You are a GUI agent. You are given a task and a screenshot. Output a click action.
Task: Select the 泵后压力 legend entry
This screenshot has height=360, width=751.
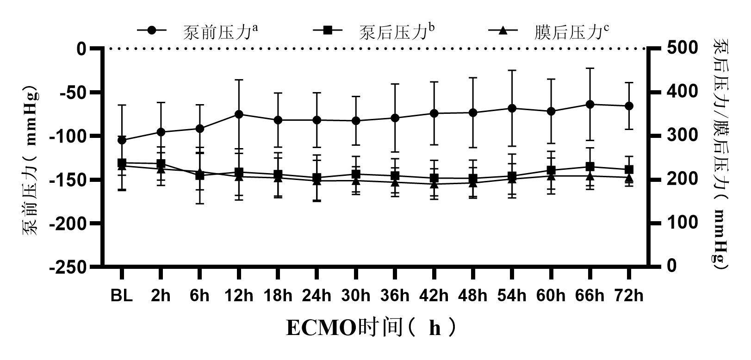click(374, 31)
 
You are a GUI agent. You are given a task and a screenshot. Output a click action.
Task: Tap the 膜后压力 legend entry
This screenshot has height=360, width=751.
click(549, 31)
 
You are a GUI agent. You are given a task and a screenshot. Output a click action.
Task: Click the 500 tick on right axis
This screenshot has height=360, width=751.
click(682, 48)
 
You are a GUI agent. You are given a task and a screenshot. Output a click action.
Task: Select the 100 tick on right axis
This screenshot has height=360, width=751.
click(682, 223)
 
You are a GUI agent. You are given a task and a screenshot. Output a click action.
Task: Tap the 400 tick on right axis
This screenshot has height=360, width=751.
click(682, 91)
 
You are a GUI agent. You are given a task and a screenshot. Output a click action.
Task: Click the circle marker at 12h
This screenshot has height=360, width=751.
click(239, 114)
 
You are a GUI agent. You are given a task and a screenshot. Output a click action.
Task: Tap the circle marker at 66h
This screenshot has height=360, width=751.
click(590, 104)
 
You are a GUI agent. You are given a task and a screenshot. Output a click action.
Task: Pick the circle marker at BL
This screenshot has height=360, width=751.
click(122, 140)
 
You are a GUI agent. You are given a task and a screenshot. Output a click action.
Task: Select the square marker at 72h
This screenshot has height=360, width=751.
click(629, 169)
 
